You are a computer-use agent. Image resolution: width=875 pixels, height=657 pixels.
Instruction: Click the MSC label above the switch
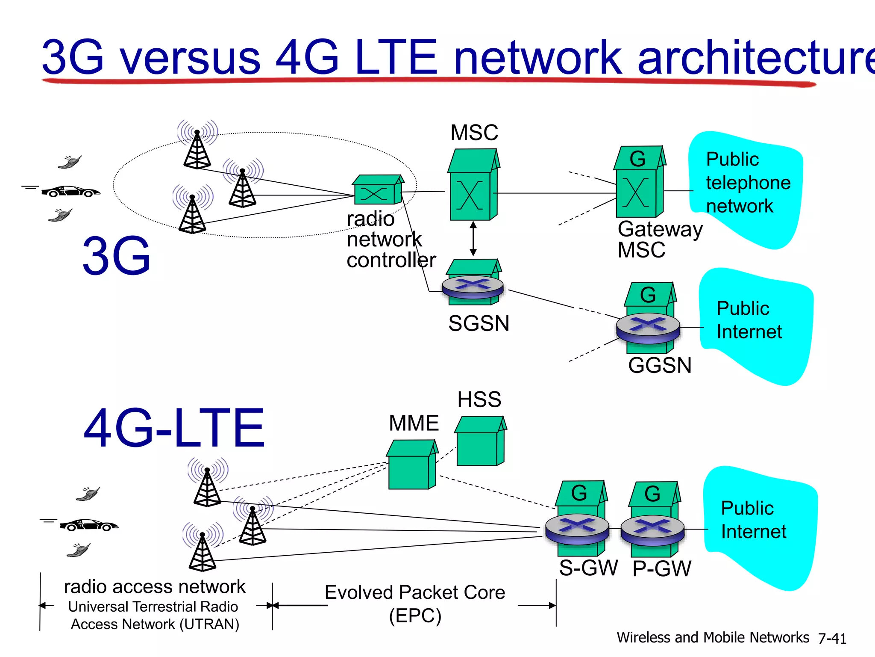point(474,133)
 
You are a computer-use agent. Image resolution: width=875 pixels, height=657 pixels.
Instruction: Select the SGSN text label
point(479,323)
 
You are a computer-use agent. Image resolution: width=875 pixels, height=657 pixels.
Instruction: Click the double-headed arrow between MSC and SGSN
point(473,239)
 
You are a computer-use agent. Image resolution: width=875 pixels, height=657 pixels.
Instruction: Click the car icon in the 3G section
point(70,191)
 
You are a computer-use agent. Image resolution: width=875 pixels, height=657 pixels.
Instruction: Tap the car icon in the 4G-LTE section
point(88,525)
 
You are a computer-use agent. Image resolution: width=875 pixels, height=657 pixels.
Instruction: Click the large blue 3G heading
point(116,256)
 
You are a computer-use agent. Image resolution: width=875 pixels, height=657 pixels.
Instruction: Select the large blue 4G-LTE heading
point(174,428)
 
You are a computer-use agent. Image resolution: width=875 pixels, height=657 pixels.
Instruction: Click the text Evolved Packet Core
point(414,593)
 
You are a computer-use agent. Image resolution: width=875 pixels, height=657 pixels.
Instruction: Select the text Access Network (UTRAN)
point(155,624)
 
